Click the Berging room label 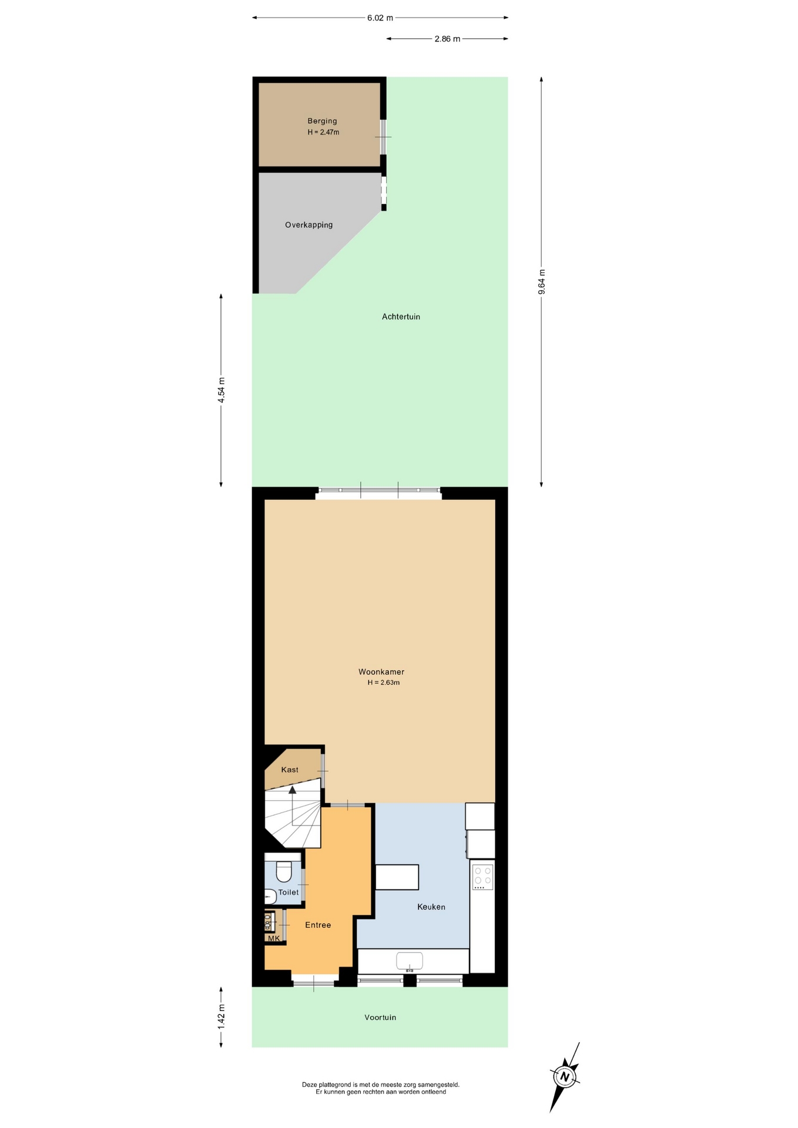[x=322, y=121]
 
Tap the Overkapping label [x=309, y=225]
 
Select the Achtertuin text [x=401, y=317]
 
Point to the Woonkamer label [x=381, y=672]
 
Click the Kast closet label [x=290, y=770]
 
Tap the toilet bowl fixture [x=284, y=872]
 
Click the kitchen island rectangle [x=397, y=877]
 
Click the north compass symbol [x=565, y=1077]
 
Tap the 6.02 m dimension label [x=380, y=18]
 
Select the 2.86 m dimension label [x=447, y=39]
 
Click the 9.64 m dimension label [x=542, y=282]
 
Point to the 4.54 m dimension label [x=222, y=390]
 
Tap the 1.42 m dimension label [x=222, y=1016]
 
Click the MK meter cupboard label [x=274, y=938]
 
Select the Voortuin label [x=380, y=1018]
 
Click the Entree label [x=318, y=925]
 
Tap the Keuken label [x=431, y=907]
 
